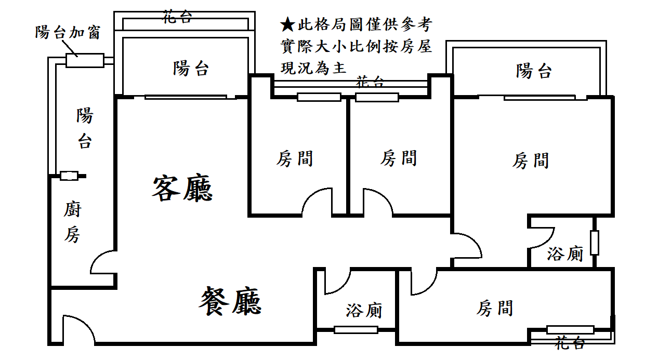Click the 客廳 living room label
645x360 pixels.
coord(182,188)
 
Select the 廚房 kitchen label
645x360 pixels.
coord(72,222)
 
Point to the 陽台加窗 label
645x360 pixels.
coord(67,32)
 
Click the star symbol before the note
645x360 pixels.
coord(287,24)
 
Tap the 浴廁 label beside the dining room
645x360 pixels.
coord(364,311)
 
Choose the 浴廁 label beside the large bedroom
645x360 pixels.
coord(565,255)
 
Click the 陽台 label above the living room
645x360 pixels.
coord(191,68)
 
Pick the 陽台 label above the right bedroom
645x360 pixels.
coord(533,71)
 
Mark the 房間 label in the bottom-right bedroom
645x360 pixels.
coord(495,308)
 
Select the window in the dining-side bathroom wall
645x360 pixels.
coord(356,329)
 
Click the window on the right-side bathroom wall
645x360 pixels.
coord(594,243)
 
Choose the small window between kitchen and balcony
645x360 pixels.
coord(69,176)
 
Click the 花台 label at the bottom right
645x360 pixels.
coord(570,343)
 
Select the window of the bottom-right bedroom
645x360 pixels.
coord(570,329)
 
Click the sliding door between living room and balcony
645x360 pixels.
coord(185,97)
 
